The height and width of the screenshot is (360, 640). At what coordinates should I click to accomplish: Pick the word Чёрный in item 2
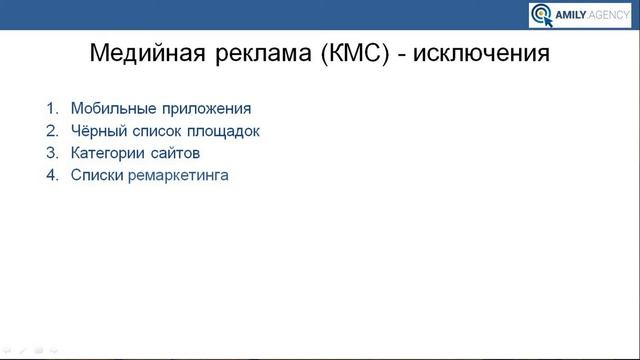coord(96,130)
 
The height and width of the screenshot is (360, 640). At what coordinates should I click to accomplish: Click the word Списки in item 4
coord(96,176)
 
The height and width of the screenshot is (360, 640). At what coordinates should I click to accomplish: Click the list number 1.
coord(51,108)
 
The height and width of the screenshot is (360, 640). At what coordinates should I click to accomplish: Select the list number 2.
coord(51,130)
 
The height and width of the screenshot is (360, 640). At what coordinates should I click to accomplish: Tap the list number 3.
coord(51,153)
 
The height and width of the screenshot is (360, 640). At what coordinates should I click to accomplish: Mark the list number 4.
coord(51,176)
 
